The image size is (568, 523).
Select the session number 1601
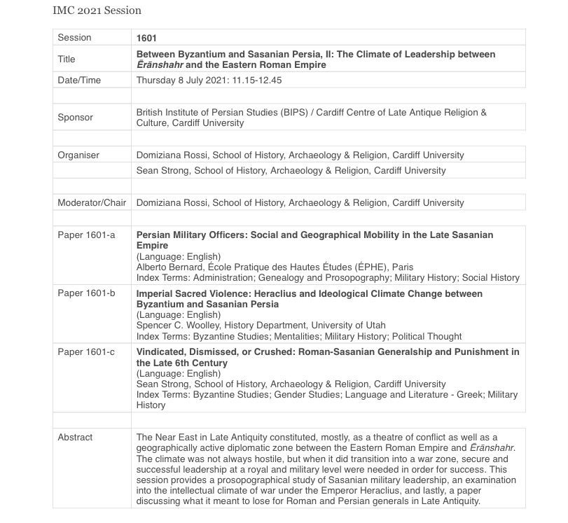tap(147, 37)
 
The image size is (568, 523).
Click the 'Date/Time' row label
tap(79, 80)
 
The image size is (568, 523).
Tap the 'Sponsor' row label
tap(75, 118)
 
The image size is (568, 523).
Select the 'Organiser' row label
tap(78, 155)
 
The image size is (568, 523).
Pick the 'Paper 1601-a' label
tap(85, 235)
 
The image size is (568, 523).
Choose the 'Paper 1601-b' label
tap(85, 294)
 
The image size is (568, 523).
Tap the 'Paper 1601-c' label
tap(85, 352)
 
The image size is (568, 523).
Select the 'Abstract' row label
tap(75, 437)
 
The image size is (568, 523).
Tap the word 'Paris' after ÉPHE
tap(403, 267)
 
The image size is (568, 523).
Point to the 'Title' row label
tap(66, 60)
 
